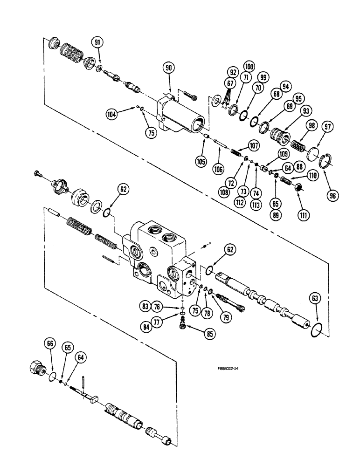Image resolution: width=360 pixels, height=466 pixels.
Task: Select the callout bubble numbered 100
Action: coord(249,67)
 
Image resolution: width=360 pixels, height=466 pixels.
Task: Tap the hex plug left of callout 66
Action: coord(37,368)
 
